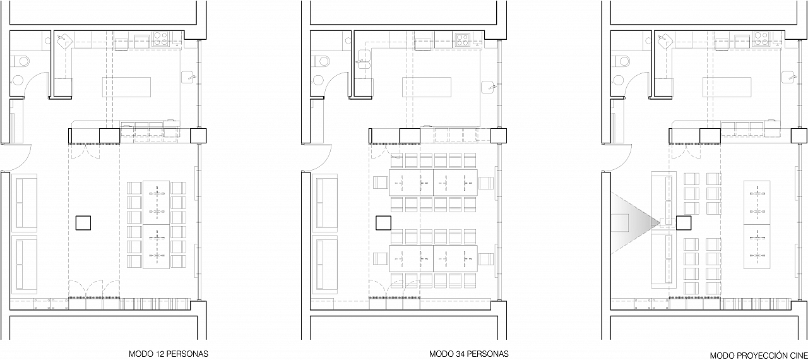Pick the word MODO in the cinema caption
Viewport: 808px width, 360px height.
721,356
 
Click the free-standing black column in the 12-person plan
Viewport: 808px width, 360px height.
83,223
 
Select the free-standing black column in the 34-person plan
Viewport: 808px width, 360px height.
383,223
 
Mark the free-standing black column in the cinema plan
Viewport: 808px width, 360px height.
684,223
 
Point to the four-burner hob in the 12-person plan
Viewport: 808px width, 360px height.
160,39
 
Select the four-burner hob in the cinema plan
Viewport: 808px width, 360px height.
761,39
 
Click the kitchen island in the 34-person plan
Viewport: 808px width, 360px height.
427,87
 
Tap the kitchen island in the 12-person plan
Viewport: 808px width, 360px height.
126,87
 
